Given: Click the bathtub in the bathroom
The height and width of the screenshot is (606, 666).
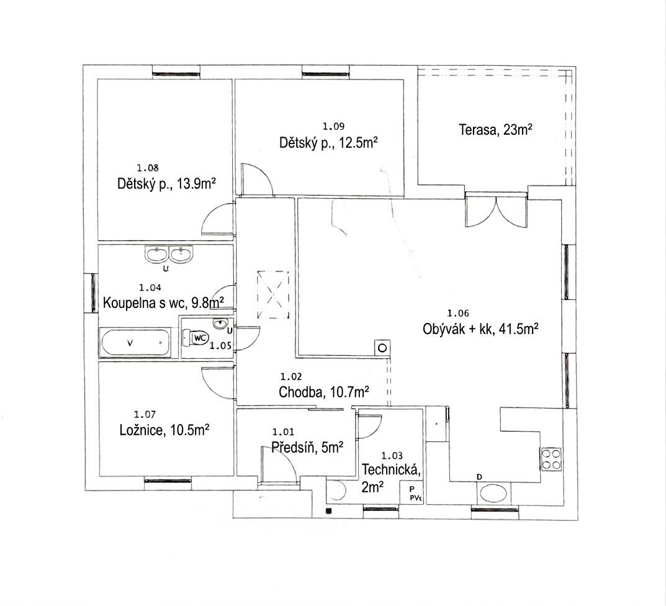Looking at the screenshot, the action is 135,343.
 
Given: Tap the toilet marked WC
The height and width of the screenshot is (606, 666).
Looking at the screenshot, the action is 196,338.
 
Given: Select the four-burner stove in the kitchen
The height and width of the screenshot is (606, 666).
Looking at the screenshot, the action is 551,459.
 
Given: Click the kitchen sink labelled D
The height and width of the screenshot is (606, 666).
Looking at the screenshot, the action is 493,494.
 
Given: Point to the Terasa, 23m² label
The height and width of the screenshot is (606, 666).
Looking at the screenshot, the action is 496,129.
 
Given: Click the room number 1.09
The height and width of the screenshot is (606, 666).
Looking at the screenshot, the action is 333,126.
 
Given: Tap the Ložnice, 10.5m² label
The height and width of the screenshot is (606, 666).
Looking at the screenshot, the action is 164,430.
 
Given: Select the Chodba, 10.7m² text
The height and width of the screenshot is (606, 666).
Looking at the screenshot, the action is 323,391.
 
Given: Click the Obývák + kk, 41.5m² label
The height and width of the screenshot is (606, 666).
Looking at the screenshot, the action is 481,329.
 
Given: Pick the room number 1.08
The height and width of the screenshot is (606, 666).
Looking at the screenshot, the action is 148,168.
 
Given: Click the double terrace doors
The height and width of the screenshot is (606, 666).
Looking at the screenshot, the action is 497,209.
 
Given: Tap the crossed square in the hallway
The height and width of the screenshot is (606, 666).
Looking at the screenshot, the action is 272,295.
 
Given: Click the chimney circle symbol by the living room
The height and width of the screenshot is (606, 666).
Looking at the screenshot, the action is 382,348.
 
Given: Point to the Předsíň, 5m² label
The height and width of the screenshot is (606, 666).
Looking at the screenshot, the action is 307,447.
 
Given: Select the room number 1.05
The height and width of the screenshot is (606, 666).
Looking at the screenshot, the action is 220,346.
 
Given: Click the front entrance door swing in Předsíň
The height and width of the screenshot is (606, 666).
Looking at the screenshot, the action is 279,464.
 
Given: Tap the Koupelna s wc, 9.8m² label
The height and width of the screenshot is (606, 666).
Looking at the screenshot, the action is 163,303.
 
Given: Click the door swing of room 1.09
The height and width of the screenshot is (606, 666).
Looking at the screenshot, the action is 256,179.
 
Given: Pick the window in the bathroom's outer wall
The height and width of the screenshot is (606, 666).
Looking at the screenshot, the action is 94,293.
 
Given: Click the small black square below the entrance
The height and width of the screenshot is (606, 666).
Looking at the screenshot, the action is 328,511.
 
